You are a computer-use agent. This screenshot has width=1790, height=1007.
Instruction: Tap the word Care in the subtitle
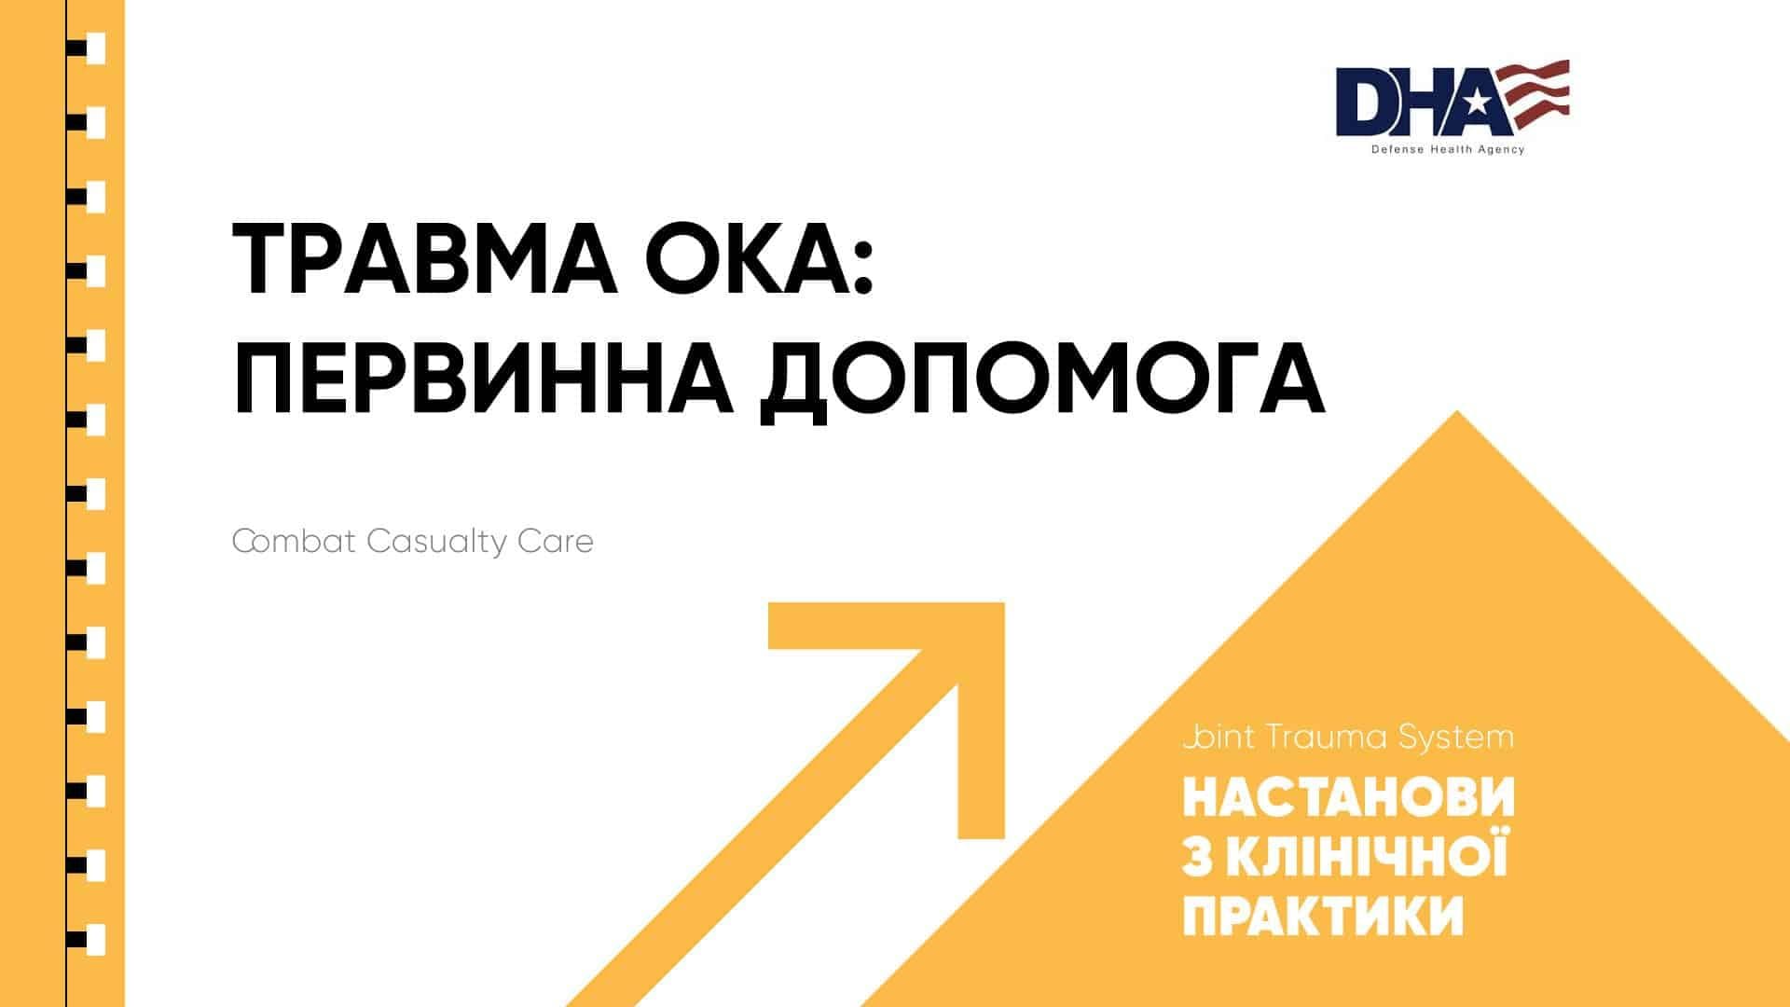click(556, 542)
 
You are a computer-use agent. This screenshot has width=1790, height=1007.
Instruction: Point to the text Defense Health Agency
click(1448, 150)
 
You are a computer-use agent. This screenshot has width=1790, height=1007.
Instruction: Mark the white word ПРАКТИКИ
click(1323, 916)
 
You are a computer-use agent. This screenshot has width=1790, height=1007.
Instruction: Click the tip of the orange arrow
click(1003, 604)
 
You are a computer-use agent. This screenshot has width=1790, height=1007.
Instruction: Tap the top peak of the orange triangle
click(1456, 411)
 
